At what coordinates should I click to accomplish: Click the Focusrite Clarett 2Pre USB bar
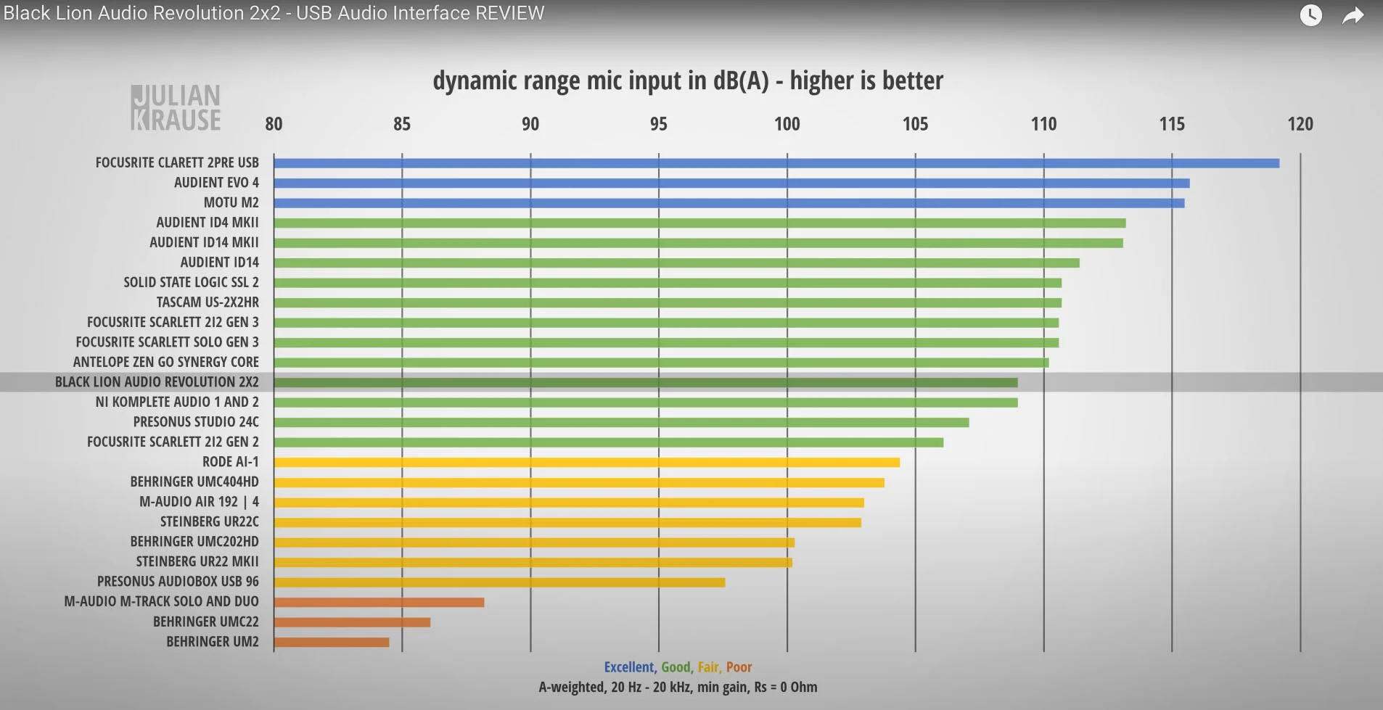[776, 163]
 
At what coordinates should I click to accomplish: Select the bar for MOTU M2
[729, 203]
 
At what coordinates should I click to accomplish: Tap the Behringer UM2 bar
[332, 642]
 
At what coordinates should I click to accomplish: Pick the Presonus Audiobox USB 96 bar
[499, 582]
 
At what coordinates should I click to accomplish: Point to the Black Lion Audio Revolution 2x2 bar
[646, 382]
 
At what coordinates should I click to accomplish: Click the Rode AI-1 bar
[586, 463]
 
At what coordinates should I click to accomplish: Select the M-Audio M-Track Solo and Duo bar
[379, 602]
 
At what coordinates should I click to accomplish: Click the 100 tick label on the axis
[787, 124]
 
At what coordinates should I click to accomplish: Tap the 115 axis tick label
[1171, 124]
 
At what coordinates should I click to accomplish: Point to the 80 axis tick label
[274, 124]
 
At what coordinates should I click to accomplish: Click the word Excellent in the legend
[629, 667]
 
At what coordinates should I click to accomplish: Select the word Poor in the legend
[739, 667]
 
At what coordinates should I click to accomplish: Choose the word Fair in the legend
[708, 667]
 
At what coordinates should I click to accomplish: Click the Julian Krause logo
[176, 108]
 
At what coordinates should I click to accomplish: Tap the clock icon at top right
[1310, 15]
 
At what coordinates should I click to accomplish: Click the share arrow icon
[1353, 15]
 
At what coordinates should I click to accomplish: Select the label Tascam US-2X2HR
[208, 302]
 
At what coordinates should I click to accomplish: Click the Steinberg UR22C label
[209, 521]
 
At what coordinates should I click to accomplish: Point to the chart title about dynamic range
[688, 81]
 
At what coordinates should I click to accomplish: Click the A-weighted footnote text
[678, 688]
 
